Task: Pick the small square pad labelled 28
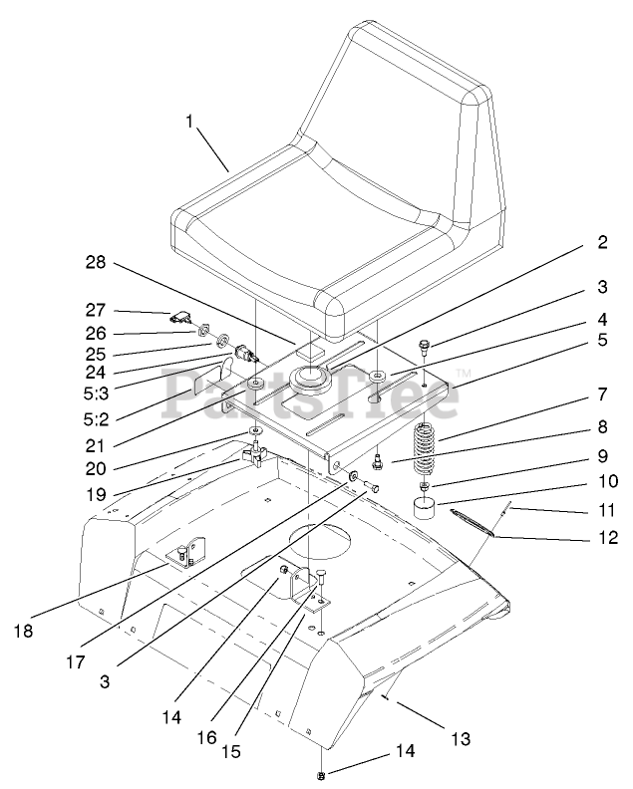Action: point(310,352)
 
